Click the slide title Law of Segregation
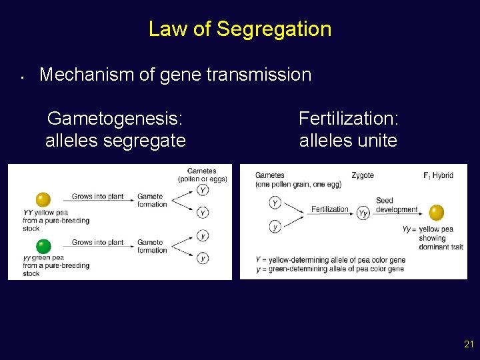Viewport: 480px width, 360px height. coord(239,29)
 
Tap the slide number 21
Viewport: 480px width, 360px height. coord(468,345)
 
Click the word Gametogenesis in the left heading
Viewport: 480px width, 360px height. coord(115,119)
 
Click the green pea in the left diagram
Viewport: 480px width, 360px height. coord(43,246)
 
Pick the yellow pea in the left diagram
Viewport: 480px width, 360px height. coord(43,199)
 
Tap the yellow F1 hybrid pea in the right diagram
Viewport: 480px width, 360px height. coord(437,213)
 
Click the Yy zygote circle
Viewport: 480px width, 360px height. coord(363,213)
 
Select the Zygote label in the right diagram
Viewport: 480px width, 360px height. coord(363,175)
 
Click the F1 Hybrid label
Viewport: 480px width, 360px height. coord(438,175)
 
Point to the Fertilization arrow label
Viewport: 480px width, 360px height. coord(329,209)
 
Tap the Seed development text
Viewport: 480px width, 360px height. coord(396,205)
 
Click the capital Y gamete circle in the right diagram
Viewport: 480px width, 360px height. coord(275,202)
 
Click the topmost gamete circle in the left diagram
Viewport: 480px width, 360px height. coord(203,190)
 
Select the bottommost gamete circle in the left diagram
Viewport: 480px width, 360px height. coord(203,258)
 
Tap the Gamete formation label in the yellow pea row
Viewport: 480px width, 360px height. coord(151,200)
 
